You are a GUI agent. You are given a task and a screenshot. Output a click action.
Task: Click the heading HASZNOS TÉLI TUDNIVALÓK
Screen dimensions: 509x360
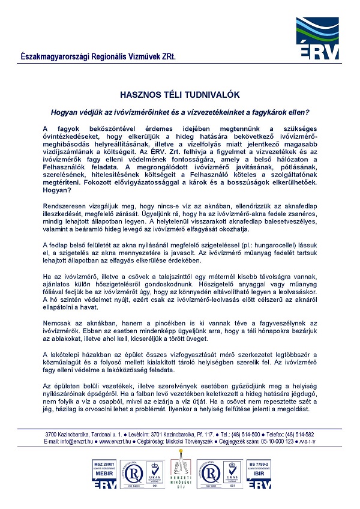point(180,95)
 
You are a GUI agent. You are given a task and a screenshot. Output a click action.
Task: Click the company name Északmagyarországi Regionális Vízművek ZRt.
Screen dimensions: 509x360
point(98,56)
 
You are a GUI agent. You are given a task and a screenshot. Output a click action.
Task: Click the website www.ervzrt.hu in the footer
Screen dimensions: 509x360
point(116,441)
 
